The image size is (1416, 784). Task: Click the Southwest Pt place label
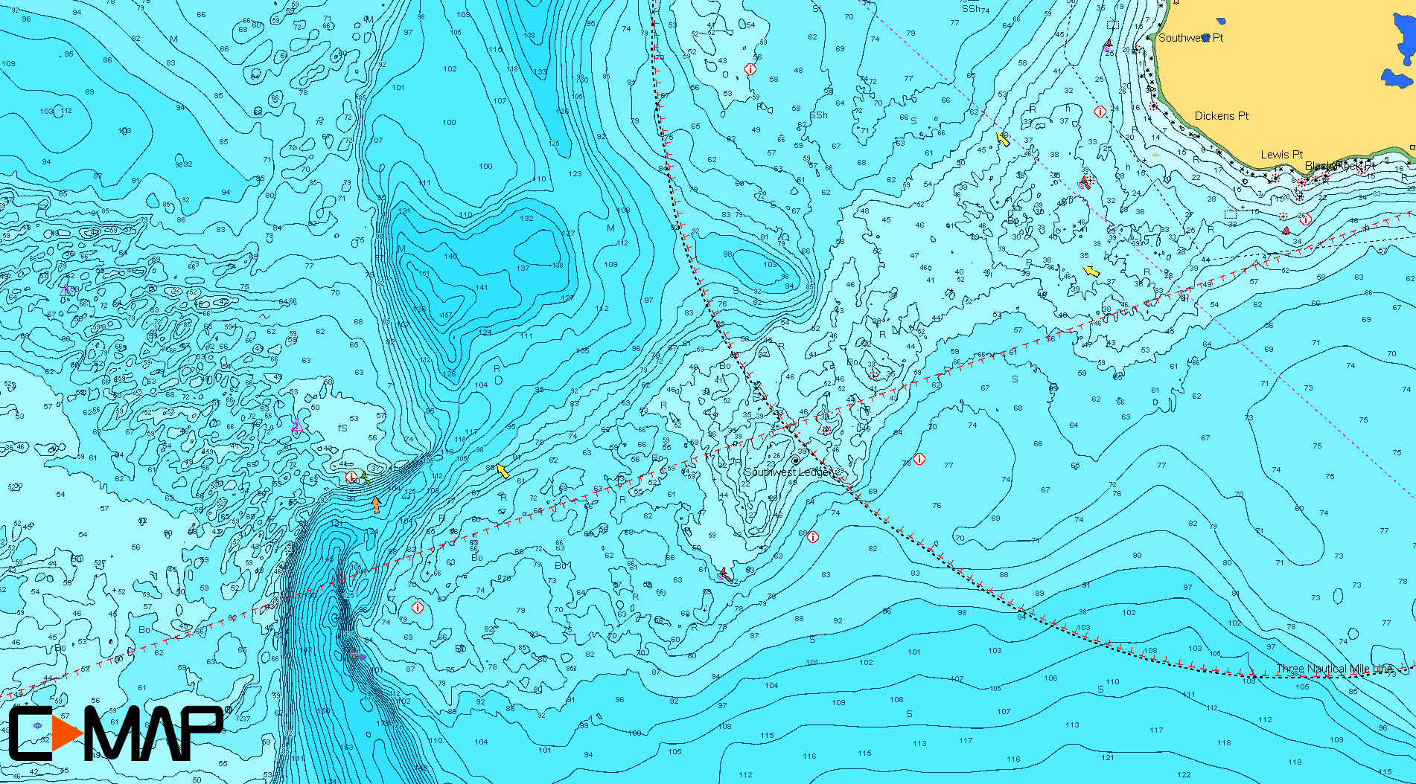[x=1190, y=38]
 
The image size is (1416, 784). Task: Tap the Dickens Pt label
[x=1221, y=116]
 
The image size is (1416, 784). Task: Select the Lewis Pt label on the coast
[x=1281, y=155]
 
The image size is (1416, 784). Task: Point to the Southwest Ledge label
[x=786, y=472]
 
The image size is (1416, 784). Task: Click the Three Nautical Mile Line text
[x=1334, y=669]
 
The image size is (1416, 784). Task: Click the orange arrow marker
[x=376, y=505]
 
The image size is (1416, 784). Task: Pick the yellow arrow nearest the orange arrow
[x=503, y=470]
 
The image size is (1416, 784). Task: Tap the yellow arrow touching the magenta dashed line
[x=1003, y=138]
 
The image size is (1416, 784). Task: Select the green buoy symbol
[x=365, y=477]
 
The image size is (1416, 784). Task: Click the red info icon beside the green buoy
[x=351, y=478]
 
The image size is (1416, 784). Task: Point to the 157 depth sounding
[x=446, y=315]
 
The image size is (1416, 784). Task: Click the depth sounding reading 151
[x=424, y=274]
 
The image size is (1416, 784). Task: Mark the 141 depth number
[x=482, y=287]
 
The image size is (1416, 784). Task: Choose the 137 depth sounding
[x=523, y=269]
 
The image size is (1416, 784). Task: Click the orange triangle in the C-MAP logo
[x=67, y=735]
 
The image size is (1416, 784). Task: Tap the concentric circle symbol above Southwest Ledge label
[x=796, y=461]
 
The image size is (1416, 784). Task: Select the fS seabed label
[x=342, y=428]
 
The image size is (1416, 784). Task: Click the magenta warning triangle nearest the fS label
[x=297, y=426]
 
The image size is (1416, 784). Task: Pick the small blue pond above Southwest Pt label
[x=1220, y=22]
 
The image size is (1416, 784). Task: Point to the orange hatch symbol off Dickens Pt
[x=1155, y=155]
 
